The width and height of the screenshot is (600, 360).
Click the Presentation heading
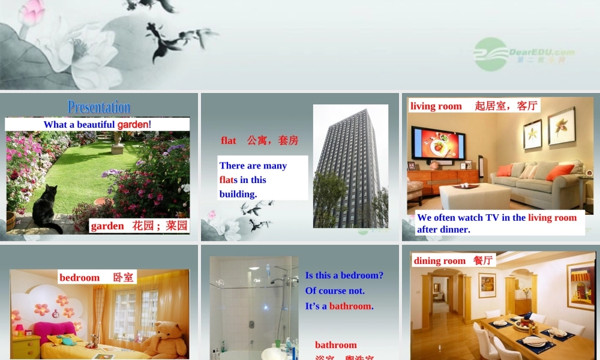pos(99,107)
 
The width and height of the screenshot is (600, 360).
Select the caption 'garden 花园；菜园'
pos(139,226)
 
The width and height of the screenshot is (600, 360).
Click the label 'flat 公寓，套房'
pos(259,140)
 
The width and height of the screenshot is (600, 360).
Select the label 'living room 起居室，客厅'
pos(473,106)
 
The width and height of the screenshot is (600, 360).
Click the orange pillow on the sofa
pos(560,172)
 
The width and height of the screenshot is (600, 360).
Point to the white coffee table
pos(474,195)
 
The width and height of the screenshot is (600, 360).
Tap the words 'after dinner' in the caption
pos(443,229)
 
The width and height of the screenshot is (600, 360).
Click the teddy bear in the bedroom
pos(164,339)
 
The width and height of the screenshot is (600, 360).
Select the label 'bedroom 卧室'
pos(97,277)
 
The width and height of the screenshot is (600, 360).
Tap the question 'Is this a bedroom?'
pos(344,275)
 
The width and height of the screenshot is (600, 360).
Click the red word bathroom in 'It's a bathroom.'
pos(350,306)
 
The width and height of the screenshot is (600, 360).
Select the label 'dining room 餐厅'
pos(453,260)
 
